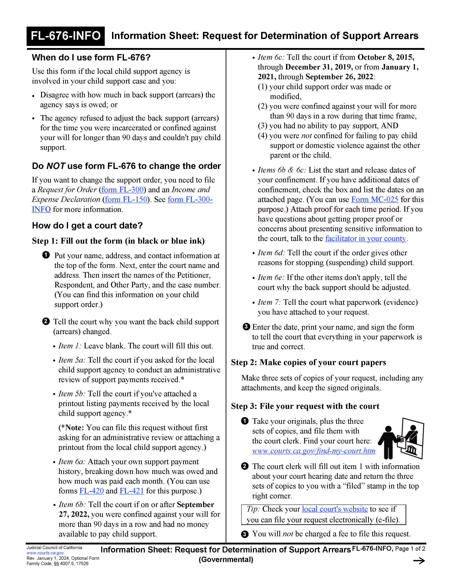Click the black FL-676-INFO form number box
point(66,36)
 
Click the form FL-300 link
point(122,190)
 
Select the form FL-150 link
point(126,199)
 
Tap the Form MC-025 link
point(375,199)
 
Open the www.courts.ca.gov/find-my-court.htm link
point(313,451)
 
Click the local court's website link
point(334,509)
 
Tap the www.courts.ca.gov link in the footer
point(45,553)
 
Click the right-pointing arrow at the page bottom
point(419,561)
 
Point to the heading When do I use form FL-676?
point(91,57)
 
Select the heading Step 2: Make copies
point(308,363)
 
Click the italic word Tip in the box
point(253,509)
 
